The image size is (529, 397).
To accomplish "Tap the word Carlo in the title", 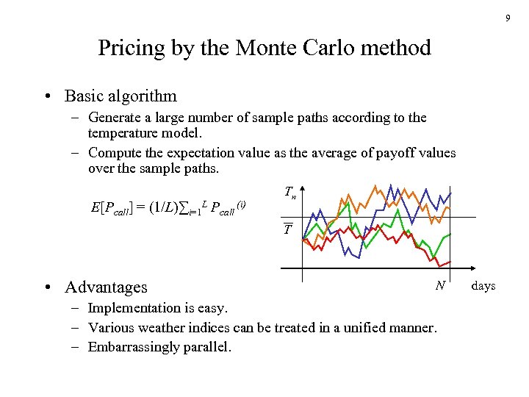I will click(334, 49).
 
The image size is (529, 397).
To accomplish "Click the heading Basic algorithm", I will click(120, 96).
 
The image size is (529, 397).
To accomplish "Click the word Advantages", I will click(106, 287).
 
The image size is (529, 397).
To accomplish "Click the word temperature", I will click(126, 133).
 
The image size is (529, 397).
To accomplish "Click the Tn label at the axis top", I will click(290, 193).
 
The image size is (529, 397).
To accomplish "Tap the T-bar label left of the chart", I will click(288, 229).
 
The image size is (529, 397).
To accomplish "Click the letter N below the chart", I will click(439, 285).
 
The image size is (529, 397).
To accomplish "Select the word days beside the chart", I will click(483, 285).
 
